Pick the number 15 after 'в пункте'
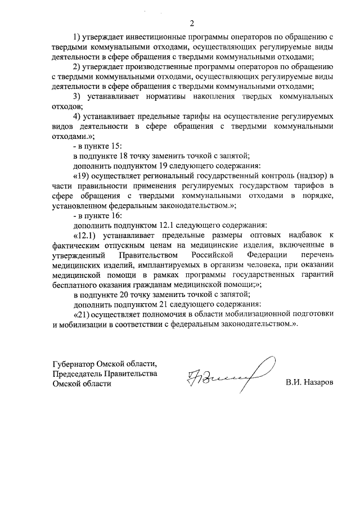coord(116,146)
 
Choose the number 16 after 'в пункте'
coord(116,214)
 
